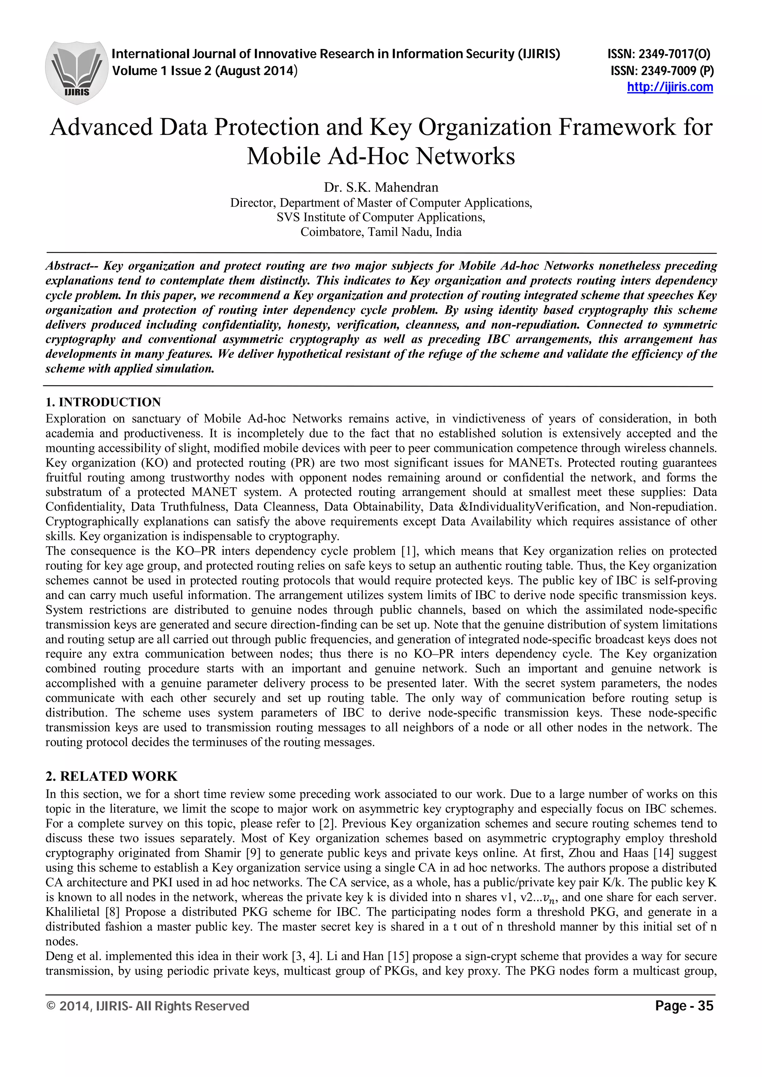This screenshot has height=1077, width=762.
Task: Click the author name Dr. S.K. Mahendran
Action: tap(381, 188)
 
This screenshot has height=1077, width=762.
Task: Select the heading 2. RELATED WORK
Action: tap(111, 776)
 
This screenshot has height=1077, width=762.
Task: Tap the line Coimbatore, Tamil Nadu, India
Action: tap(381, 232)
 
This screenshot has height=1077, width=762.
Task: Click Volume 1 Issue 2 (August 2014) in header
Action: tap(205, 71)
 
